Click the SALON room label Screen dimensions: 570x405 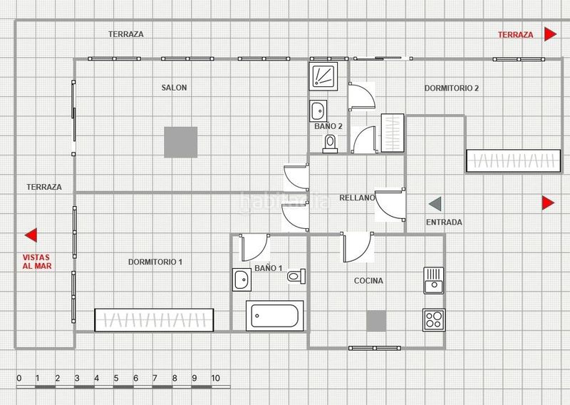point(174,87)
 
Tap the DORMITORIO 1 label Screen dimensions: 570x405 point(155,262)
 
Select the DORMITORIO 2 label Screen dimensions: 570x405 point(452,88)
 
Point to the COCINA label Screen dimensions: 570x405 point(368,280)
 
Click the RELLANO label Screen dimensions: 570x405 point(357,198)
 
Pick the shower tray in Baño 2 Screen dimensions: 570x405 point(323,76)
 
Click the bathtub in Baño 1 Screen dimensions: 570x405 point(275,315)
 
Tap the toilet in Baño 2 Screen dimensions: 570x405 point(330,144)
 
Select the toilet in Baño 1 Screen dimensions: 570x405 point(296,276)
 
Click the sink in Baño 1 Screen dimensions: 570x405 point(242,280)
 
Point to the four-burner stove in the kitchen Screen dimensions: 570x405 point(434,320)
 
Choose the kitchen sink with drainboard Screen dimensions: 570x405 point(434,280)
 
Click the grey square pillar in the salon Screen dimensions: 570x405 point(181,143)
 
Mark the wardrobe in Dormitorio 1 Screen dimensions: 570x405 point(154,320)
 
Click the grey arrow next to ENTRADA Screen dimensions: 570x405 point(435,204)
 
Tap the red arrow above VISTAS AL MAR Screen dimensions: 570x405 point(31,235)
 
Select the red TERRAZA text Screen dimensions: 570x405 point(515,35)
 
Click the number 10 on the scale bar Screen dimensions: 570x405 point(216,378)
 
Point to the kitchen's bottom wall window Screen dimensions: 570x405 point(375,348)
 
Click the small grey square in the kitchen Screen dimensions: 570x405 point(376,321)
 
